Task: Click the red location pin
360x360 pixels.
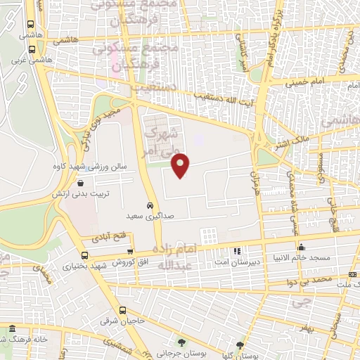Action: pos(181,165)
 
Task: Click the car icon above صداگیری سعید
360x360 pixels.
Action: pos(149,205)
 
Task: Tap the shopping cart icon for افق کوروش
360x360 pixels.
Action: pos(129,251)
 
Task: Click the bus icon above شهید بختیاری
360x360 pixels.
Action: pos(85,256)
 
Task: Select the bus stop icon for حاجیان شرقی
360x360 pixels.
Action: pos(123,309)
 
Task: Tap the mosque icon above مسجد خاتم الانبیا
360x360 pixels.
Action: pos(302,247)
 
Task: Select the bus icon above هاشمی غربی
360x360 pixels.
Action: pos(32,49)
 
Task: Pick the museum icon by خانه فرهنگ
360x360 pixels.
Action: pos(12,328)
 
